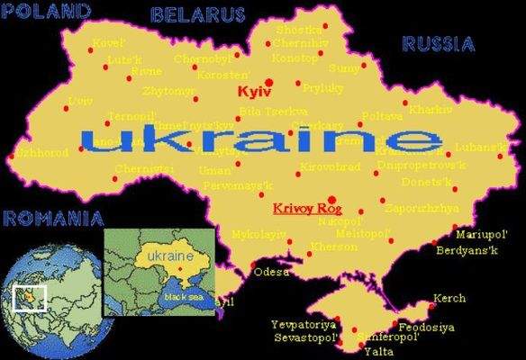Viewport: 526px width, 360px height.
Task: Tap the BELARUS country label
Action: [x=198, y=14]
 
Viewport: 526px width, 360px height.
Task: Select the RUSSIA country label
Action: [x=439, y=43]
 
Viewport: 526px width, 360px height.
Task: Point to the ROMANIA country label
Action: [x=52, y=217]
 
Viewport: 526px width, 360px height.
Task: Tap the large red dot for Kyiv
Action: [x=269, y=82]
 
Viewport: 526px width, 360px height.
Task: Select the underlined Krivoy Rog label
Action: [x=302, y=209]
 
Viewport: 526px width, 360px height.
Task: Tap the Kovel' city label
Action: [x=108, y=42]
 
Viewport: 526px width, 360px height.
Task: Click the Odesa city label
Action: [x=271, y=271]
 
